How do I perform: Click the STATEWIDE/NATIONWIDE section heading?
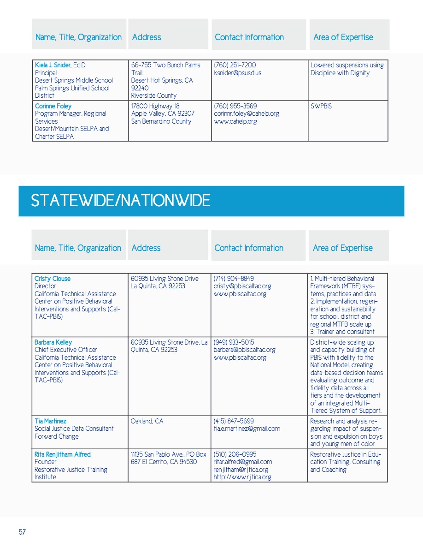point(120,201)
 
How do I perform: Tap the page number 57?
point(22,532)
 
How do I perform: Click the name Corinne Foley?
point(53,106)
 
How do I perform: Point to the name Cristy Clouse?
point(53,279)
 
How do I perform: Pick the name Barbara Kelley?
point(53,342)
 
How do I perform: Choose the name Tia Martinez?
point(50,421)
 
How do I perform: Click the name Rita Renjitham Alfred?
point(63,454)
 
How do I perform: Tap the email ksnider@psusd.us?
point(237,73)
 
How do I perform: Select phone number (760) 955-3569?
point(235,106)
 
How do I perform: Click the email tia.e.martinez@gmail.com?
point(247,429)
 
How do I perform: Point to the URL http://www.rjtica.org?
point(242,477)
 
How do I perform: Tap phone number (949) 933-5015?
point(234,342)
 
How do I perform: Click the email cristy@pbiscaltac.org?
point(242,286)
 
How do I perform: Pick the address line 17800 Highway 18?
point(155,106)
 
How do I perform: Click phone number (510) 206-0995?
point(235,454)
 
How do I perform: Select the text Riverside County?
point(153,95)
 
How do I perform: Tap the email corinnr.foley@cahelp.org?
point(247,113)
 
